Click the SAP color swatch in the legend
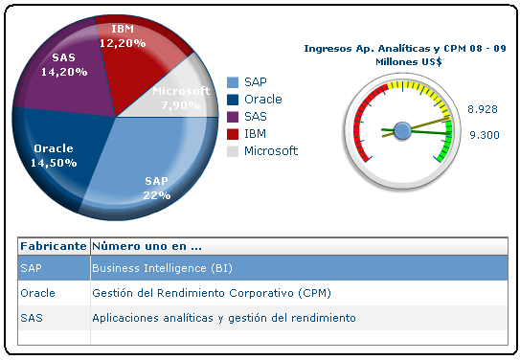pos(233,82)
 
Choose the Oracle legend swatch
pos(233,100)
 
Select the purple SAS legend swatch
pos(233,117)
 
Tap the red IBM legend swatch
pos(233,134)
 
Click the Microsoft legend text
pos(271,151)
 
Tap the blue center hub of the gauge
pos(402,129)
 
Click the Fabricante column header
pos(54,245)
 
